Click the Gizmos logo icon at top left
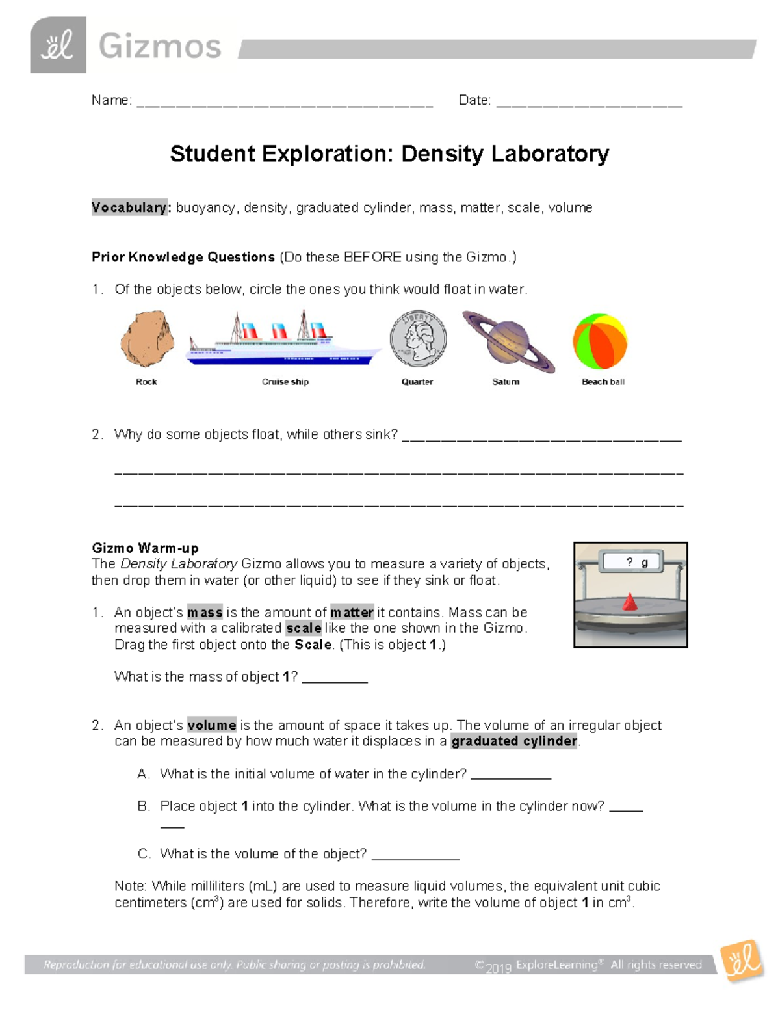point(58,46)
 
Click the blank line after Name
point(285,102)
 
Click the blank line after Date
point(589,102)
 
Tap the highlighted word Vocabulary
point(129,207)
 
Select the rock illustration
point(148,339)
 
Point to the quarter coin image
point(418,339)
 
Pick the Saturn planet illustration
point(508,341)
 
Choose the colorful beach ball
point(599,341)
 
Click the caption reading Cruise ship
point(285,382)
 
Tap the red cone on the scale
point(629,602)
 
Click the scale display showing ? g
point(631,563)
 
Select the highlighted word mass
point(205,612)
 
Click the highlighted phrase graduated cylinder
point(514,741)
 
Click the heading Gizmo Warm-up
point(145,548)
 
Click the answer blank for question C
point(415,856)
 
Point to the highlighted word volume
point(212,725)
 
